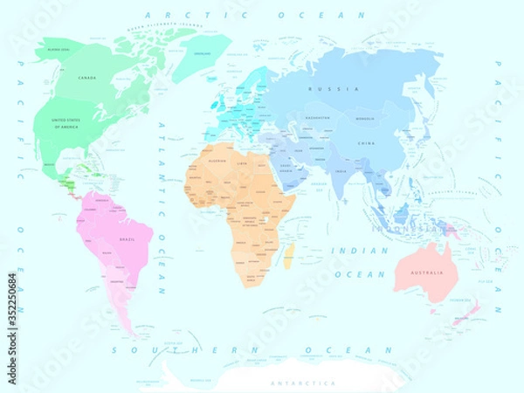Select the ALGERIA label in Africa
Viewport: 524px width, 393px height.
pyautogui.click(x=218, y=162)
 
